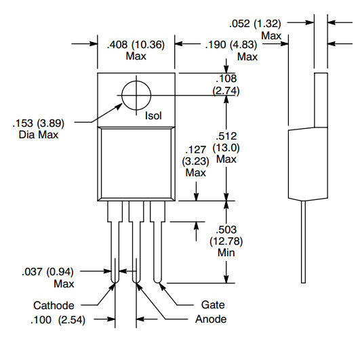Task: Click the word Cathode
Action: click(54, 305)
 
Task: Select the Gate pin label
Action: click(213, 305)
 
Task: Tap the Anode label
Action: click(211, 319)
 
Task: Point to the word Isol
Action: click(153, 116)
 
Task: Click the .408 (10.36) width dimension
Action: click(136, 45)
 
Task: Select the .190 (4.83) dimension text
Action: click(231, 45)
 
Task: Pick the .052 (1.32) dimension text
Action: click(255, 24)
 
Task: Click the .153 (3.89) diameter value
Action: click(39, 123)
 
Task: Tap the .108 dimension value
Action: click(226, 79)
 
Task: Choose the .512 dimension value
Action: click(226, 136)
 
